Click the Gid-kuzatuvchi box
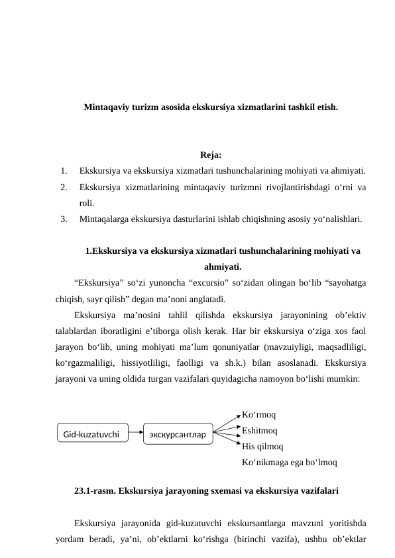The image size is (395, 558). click(91, 435)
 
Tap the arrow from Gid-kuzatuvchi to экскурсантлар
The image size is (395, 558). click(136, 431)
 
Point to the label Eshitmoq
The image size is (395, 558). click(260, 430)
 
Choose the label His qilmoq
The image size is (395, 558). click(263, 446)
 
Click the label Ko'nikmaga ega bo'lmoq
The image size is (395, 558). click(290, 462)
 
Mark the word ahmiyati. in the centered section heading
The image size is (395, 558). click(222, 267)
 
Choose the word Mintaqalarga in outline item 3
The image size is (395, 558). click(103, 218)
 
